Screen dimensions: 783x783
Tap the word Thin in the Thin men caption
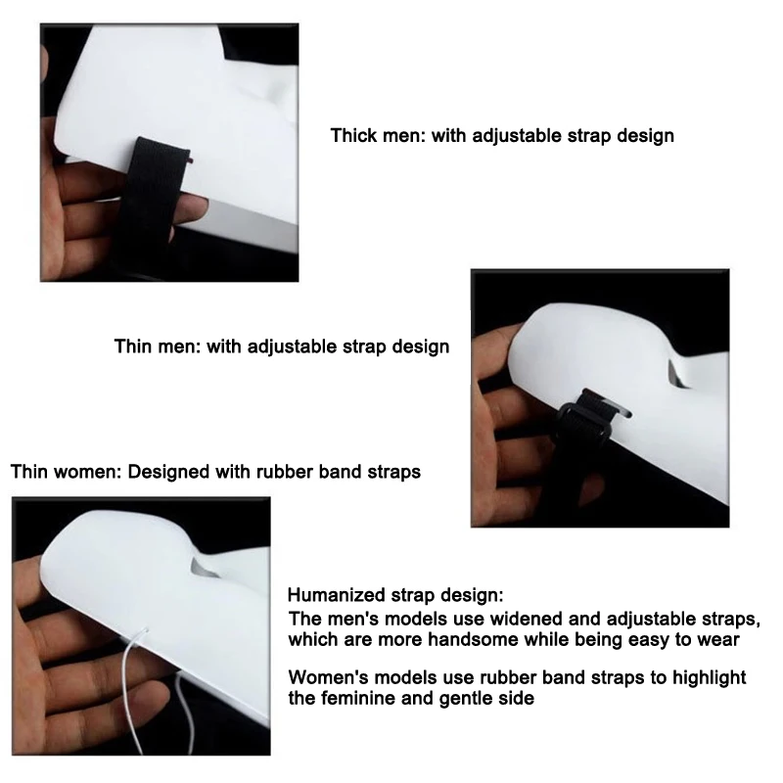click(x=133, y=346)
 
